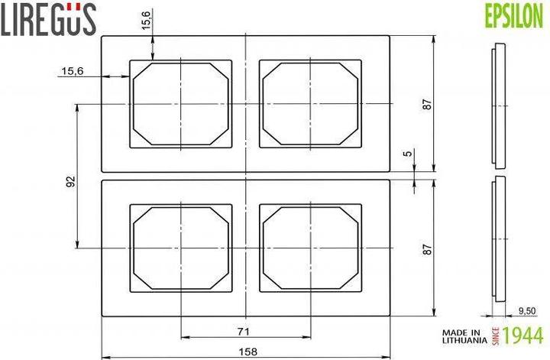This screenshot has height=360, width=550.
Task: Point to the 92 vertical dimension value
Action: [x=70, y=181]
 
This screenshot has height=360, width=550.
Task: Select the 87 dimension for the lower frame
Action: [x=428, y=248]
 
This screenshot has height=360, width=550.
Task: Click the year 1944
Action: [x=523, y=335]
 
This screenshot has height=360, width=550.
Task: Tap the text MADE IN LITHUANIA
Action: [x=463, y=335]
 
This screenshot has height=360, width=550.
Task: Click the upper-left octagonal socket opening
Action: [x=180, y=103]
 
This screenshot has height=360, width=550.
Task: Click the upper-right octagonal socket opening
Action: [x=309, y=103]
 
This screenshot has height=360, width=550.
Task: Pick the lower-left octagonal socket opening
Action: [x=180, y=248]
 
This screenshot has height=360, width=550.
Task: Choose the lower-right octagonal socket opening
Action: [x=309, y=248]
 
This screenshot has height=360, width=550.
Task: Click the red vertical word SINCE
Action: [x=495, y=335]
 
